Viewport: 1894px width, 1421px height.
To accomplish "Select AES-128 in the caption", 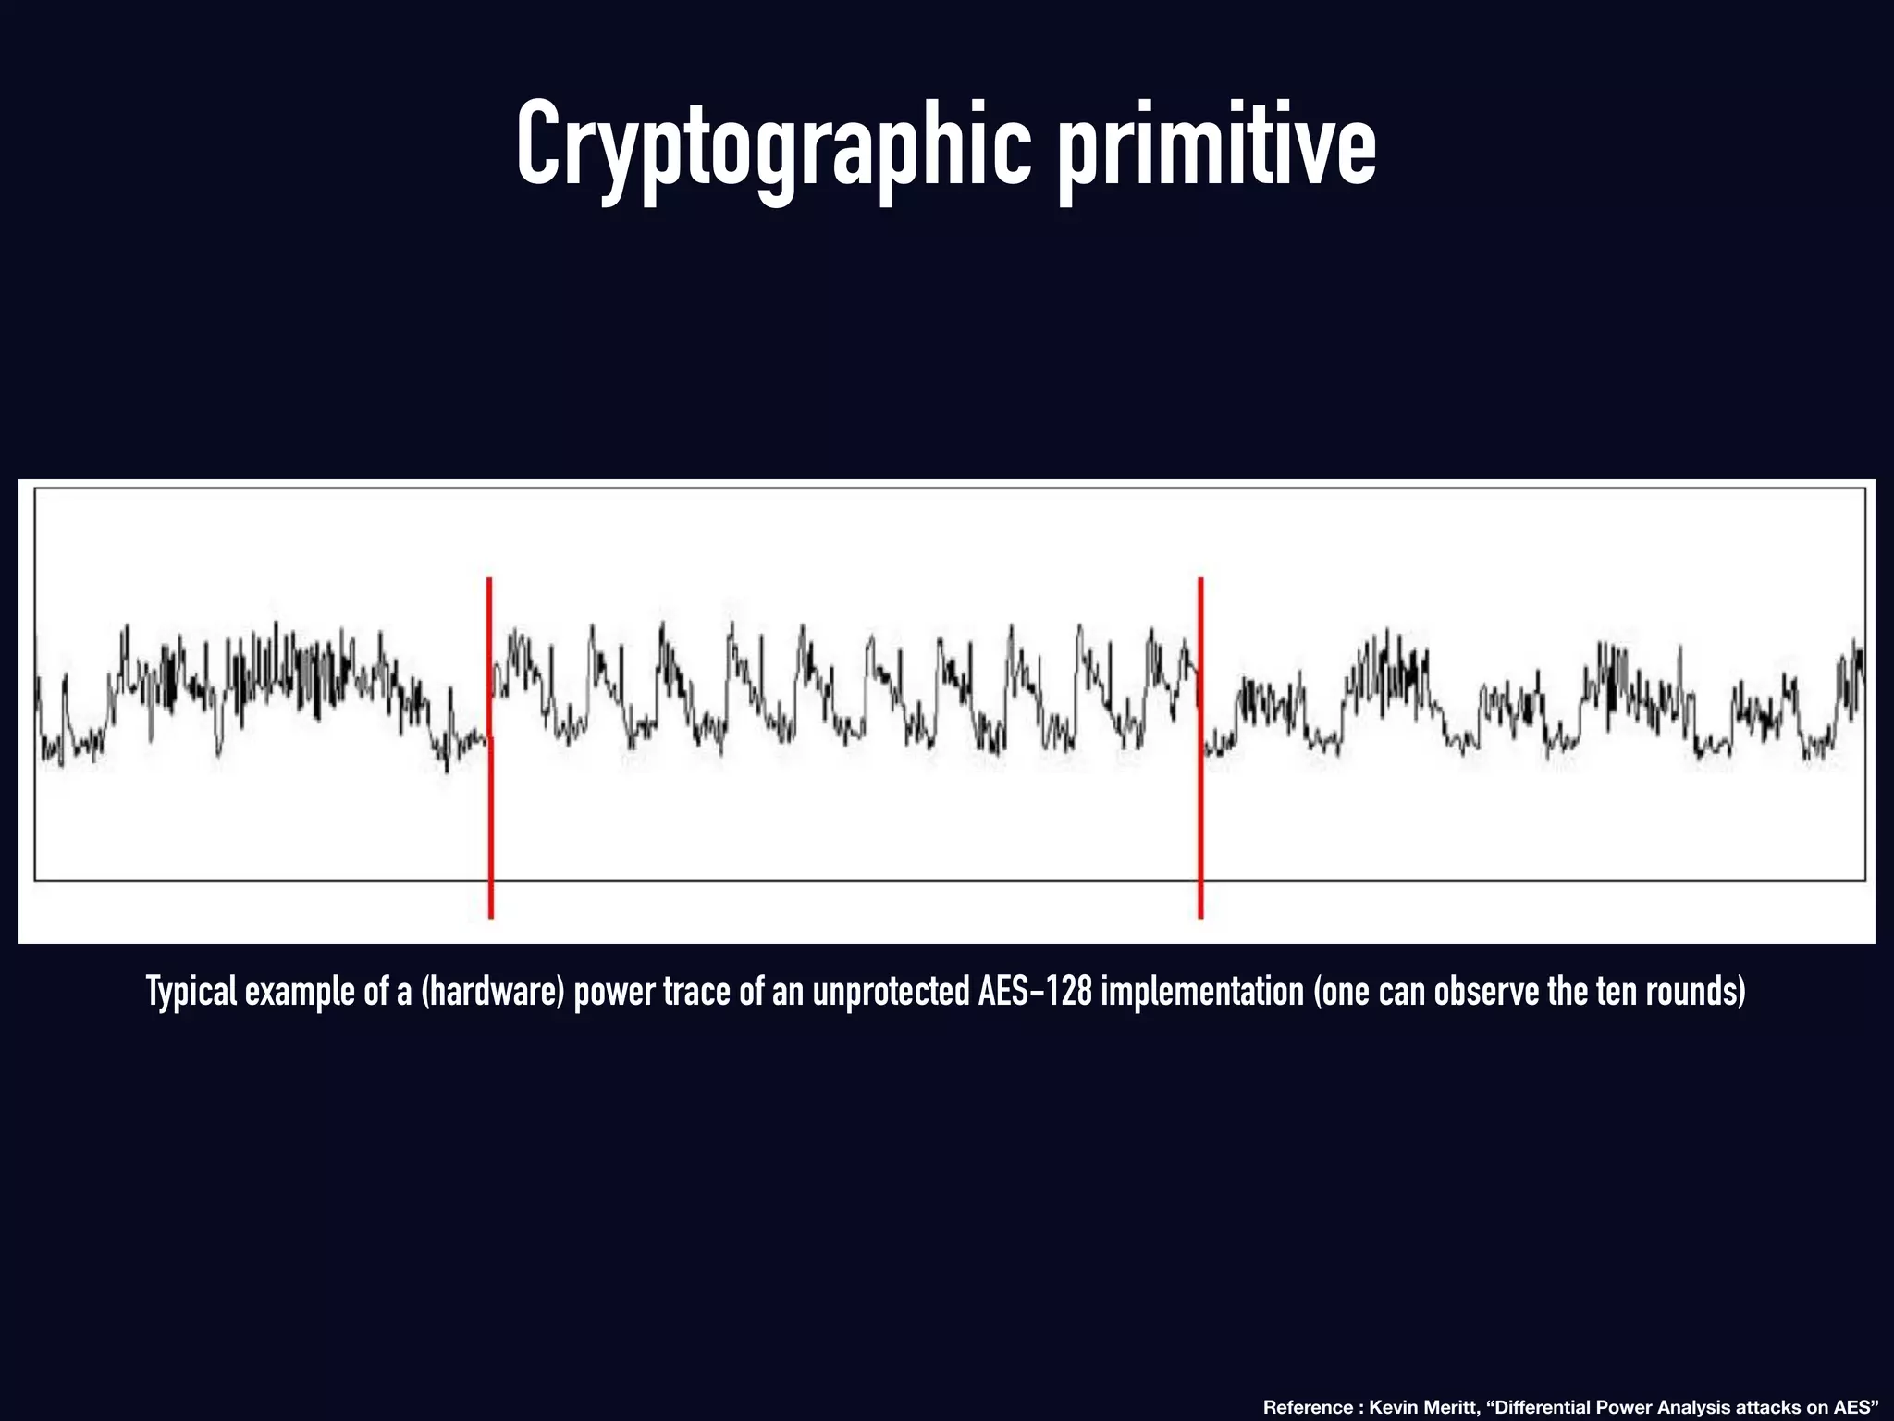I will [x=1036, y=991].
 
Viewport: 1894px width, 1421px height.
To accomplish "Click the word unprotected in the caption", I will [x=890, y=992].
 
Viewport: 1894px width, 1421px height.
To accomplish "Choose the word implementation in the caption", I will [x=1201, y=992].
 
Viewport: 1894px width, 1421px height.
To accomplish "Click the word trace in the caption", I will [x=673, y=992].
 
